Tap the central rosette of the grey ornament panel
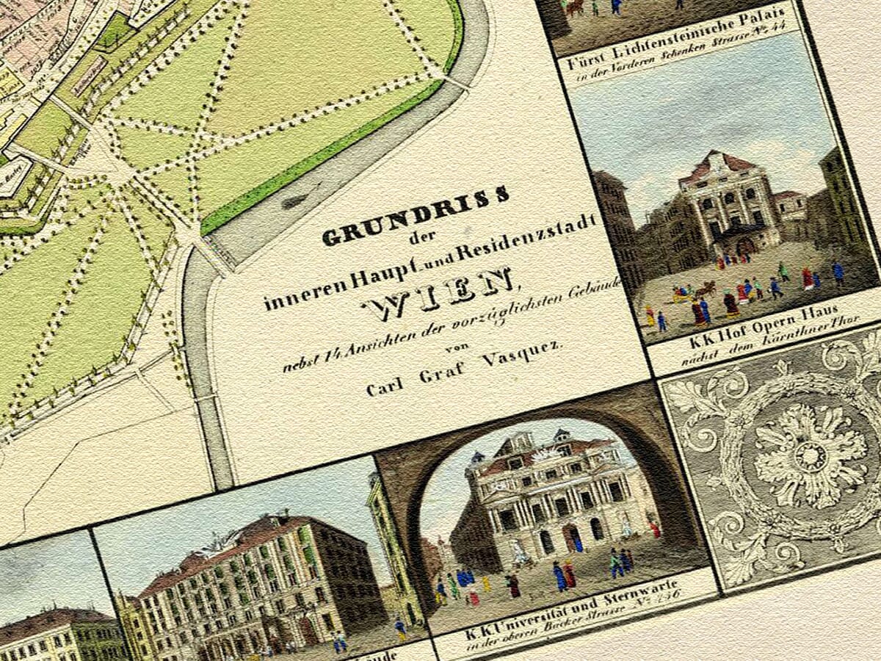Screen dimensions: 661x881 coord(811,456)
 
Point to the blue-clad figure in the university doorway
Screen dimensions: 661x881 coord(577,543)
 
